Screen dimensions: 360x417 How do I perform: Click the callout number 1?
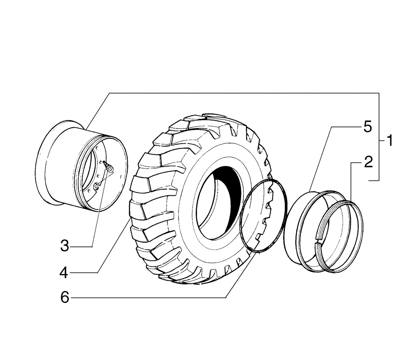click(x=389, y=141)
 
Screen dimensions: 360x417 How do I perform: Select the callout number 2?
click(x=367, y=162)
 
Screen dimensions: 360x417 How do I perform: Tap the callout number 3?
click(x=64, y=246)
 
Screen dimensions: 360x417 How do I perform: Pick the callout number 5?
click(x=367, y=127)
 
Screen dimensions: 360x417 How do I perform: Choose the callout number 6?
click(x=64, y=298)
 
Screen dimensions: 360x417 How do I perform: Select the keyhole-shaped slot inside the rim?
click(x=97, y=186)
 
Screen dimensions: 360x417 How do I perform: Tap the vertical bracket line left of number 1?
click(x=379, y=137)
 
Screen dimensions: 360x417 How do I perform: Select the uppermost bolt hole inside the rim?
click(x=97, y=148)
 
